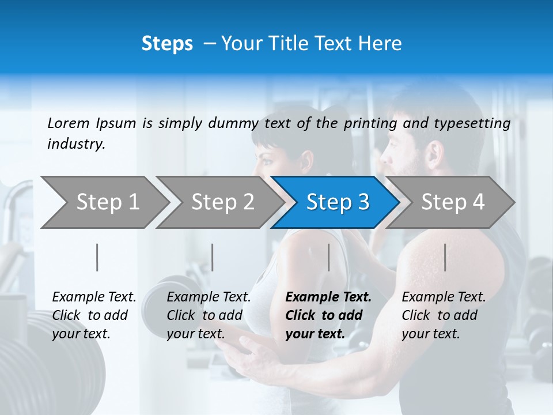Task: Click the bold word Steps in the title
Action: pos(167,43)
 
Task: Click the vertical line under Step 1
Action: pos(97,257)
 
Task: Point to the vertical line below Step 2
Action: pos(213,257)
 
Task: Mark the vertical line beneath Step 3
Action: pos(328,257)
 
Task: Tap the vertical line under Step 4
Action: pos(445,257)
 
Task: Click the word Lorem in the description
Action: pos(69,123)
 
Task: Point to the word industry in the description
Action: pos(76,144)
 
